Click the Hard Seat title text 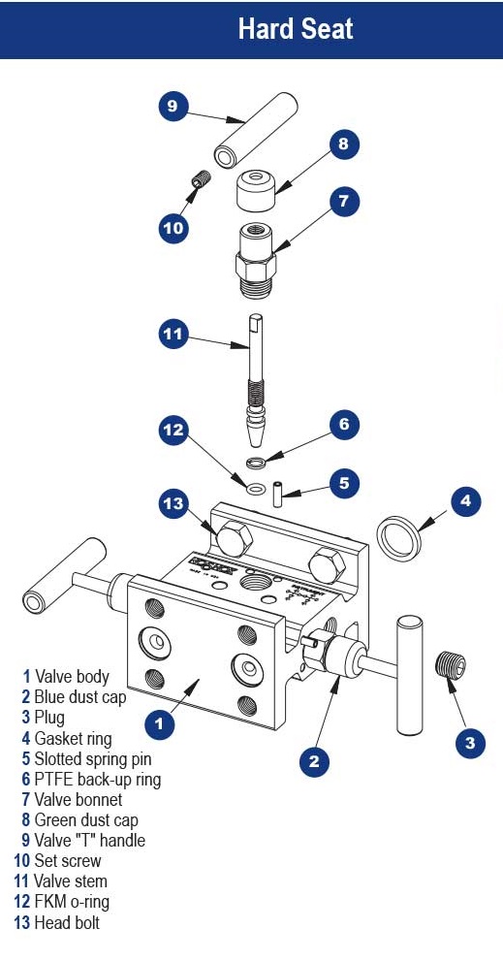point(296,28)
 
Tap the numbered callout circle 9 point(173,106)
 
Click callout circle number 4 point(466,500)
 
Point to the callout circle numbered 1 point(159,722)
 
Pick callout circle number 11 point(173,335)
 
